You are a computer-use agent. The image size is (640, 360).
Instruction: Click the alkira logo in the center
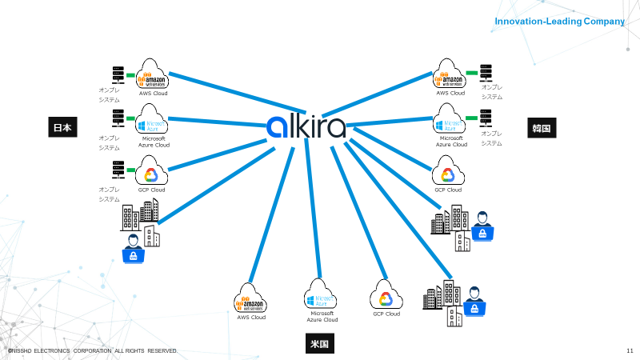point(306,127)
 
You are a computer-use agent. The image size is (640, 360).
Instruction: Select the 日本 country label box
point(62,127)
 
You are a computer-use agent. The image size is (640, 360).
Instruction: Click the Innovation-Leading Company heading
point(559,22)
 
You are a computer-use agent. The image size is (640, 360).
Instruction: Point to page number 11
point(630,351)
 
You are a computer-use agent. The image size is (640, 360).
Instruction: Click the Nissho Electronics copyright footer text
point(92,351)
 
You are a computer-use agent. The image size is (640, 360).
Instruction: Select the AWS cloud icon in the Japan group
point(152,74)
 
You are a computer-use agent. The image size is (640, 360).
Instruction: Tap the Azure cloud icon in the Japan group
point(152,123)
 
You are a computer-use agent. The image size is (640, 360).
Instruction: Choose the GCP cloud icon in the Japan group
point(151,171)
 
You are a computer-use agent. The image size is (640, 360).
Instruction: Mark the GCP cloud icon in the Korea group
point(448,171)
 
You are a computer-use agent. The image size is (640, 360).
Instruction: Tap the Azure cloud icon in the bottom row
point(321,296)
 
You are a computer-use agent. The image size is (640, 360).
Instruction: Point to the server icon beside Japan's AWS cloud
point(118,74)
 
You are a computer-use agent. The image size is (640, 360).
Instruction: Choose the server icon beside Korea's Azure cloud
point(485,118)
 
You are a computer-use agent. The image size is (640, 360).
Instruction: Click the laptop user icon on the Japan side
point(133,249)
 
